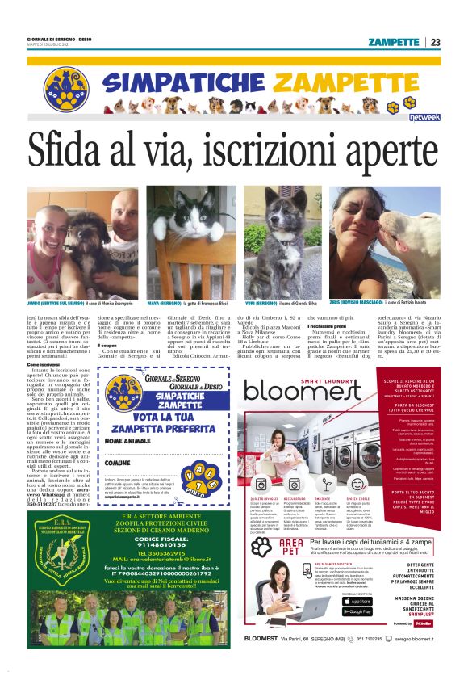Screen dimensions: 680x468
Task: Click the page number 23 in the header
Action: [436, 42]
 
